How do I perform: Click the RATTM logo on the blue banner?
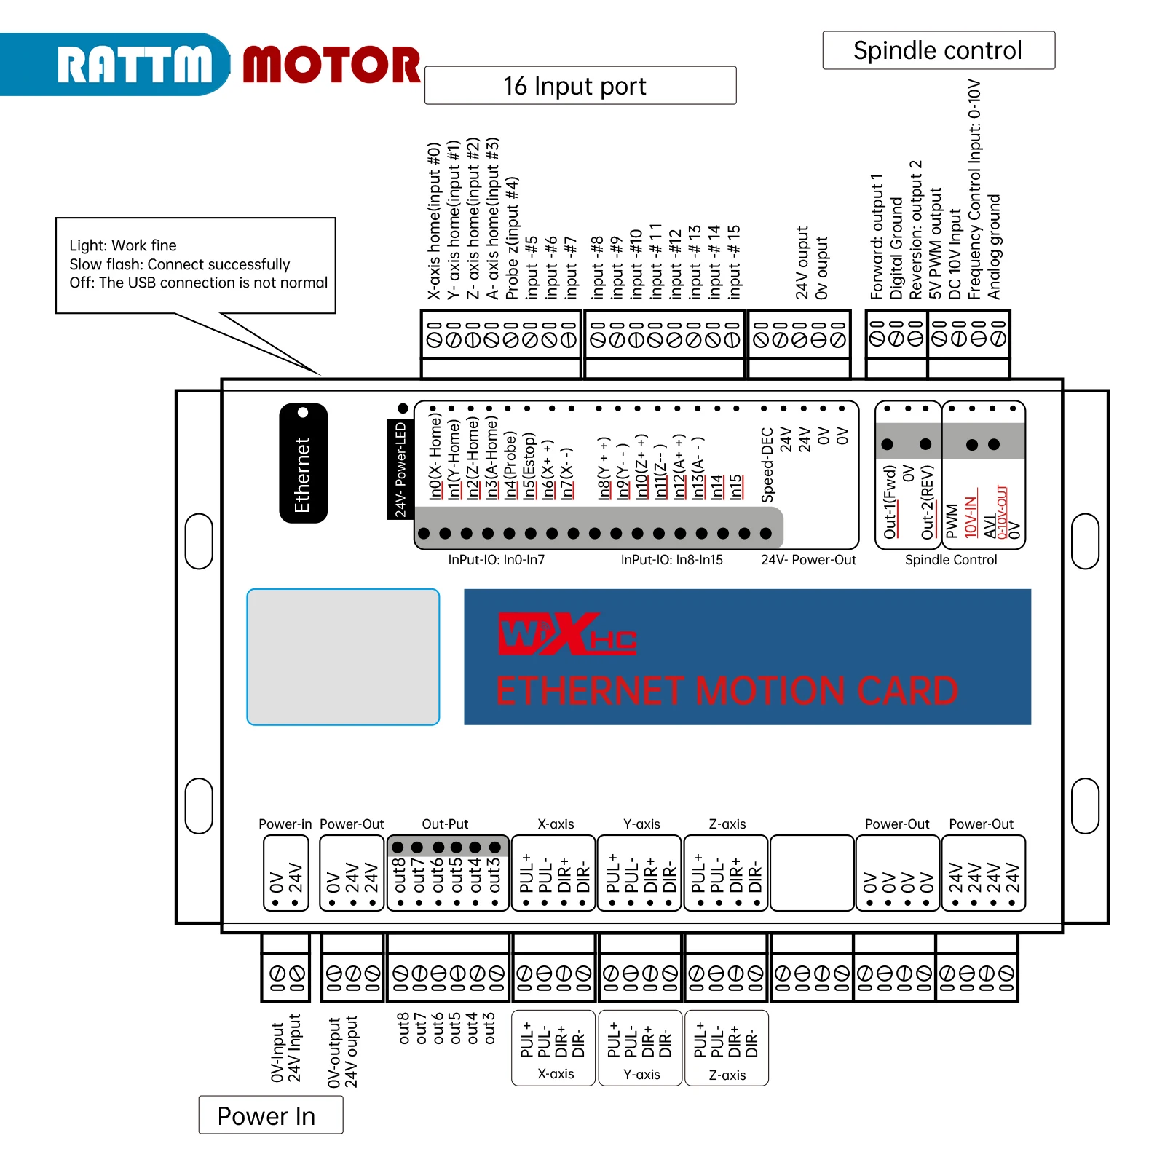135,65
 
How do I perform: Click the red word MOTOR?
331,65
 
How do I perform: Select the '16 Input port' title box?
580,85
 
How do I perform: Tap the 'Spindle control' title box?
939,50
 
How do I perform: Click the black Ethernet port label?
303,463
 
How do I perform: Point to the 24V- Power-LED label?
399,470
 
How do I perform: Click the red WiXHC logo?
567,633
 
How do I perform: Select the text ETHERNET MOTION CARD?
727,690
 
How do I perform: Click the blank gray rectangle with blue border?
343,657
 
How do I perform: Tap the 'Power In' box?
271,1115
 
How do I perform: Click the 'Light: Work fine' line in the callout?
123,245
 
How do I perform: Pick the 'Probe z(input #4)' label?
512,237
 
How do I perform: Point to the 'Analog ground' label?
994,246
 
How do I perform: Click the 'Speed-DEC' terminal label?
767,465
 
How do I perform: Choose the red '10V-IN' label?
971,517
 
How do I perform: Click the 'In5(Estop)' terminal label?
529,466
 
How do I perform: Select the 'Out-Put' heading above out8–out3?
445,824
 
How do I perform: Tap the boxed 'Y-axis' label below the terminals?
641,1074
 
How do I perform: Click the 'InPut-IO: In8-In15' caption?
671,559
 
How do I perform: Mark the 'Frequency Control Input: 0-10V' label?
974,189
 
